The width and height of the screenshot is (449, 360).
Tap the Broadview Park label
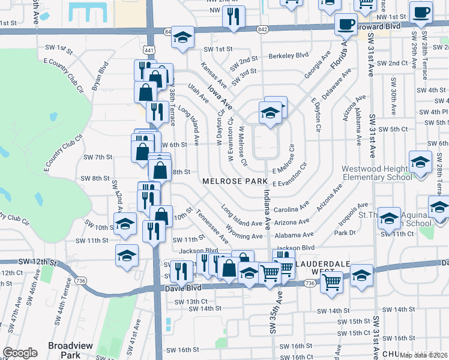pos(64,350)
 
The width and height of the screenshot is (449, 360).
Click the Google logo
pos(20,353)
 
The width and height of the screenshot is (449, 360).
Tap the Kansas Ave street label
pos(213,74)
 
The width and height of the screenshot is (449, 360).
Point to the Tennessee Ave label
pos(212,227)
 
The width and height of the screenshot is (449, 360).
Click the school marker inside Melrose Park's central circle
pos(270,113)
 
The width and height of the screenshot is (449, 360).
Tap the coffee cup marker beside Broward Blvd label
pos(346,25)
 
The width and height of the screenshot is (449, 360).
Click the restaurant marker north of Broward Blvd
pos(234,16)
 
